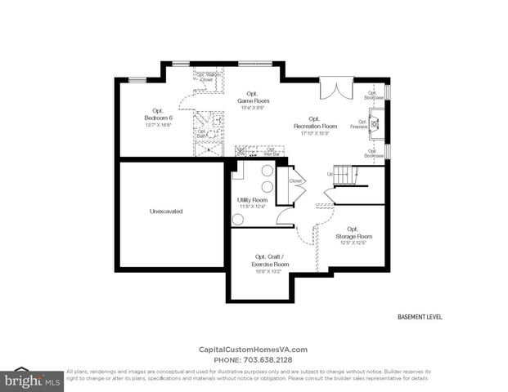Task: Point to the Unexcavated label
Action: [166, 211]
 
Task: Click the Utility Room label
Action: [252, 200]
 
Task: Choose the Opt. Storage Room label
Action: [353, 235]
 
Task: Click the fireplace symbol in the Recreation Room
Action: [375, 125]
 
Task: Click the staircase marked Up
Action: [348, 174]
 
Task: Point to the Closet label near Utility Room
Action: [295, 180]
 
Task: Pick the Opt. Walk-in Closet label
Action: [205, 78]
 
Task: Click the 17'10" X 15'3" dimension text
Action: [315, 134]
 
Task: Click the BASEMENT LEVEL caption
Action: [419, 316]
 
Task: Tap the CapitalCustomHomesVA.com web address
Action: [254, 350]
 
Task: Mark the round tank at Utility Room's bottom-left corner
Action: [238, 219]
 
